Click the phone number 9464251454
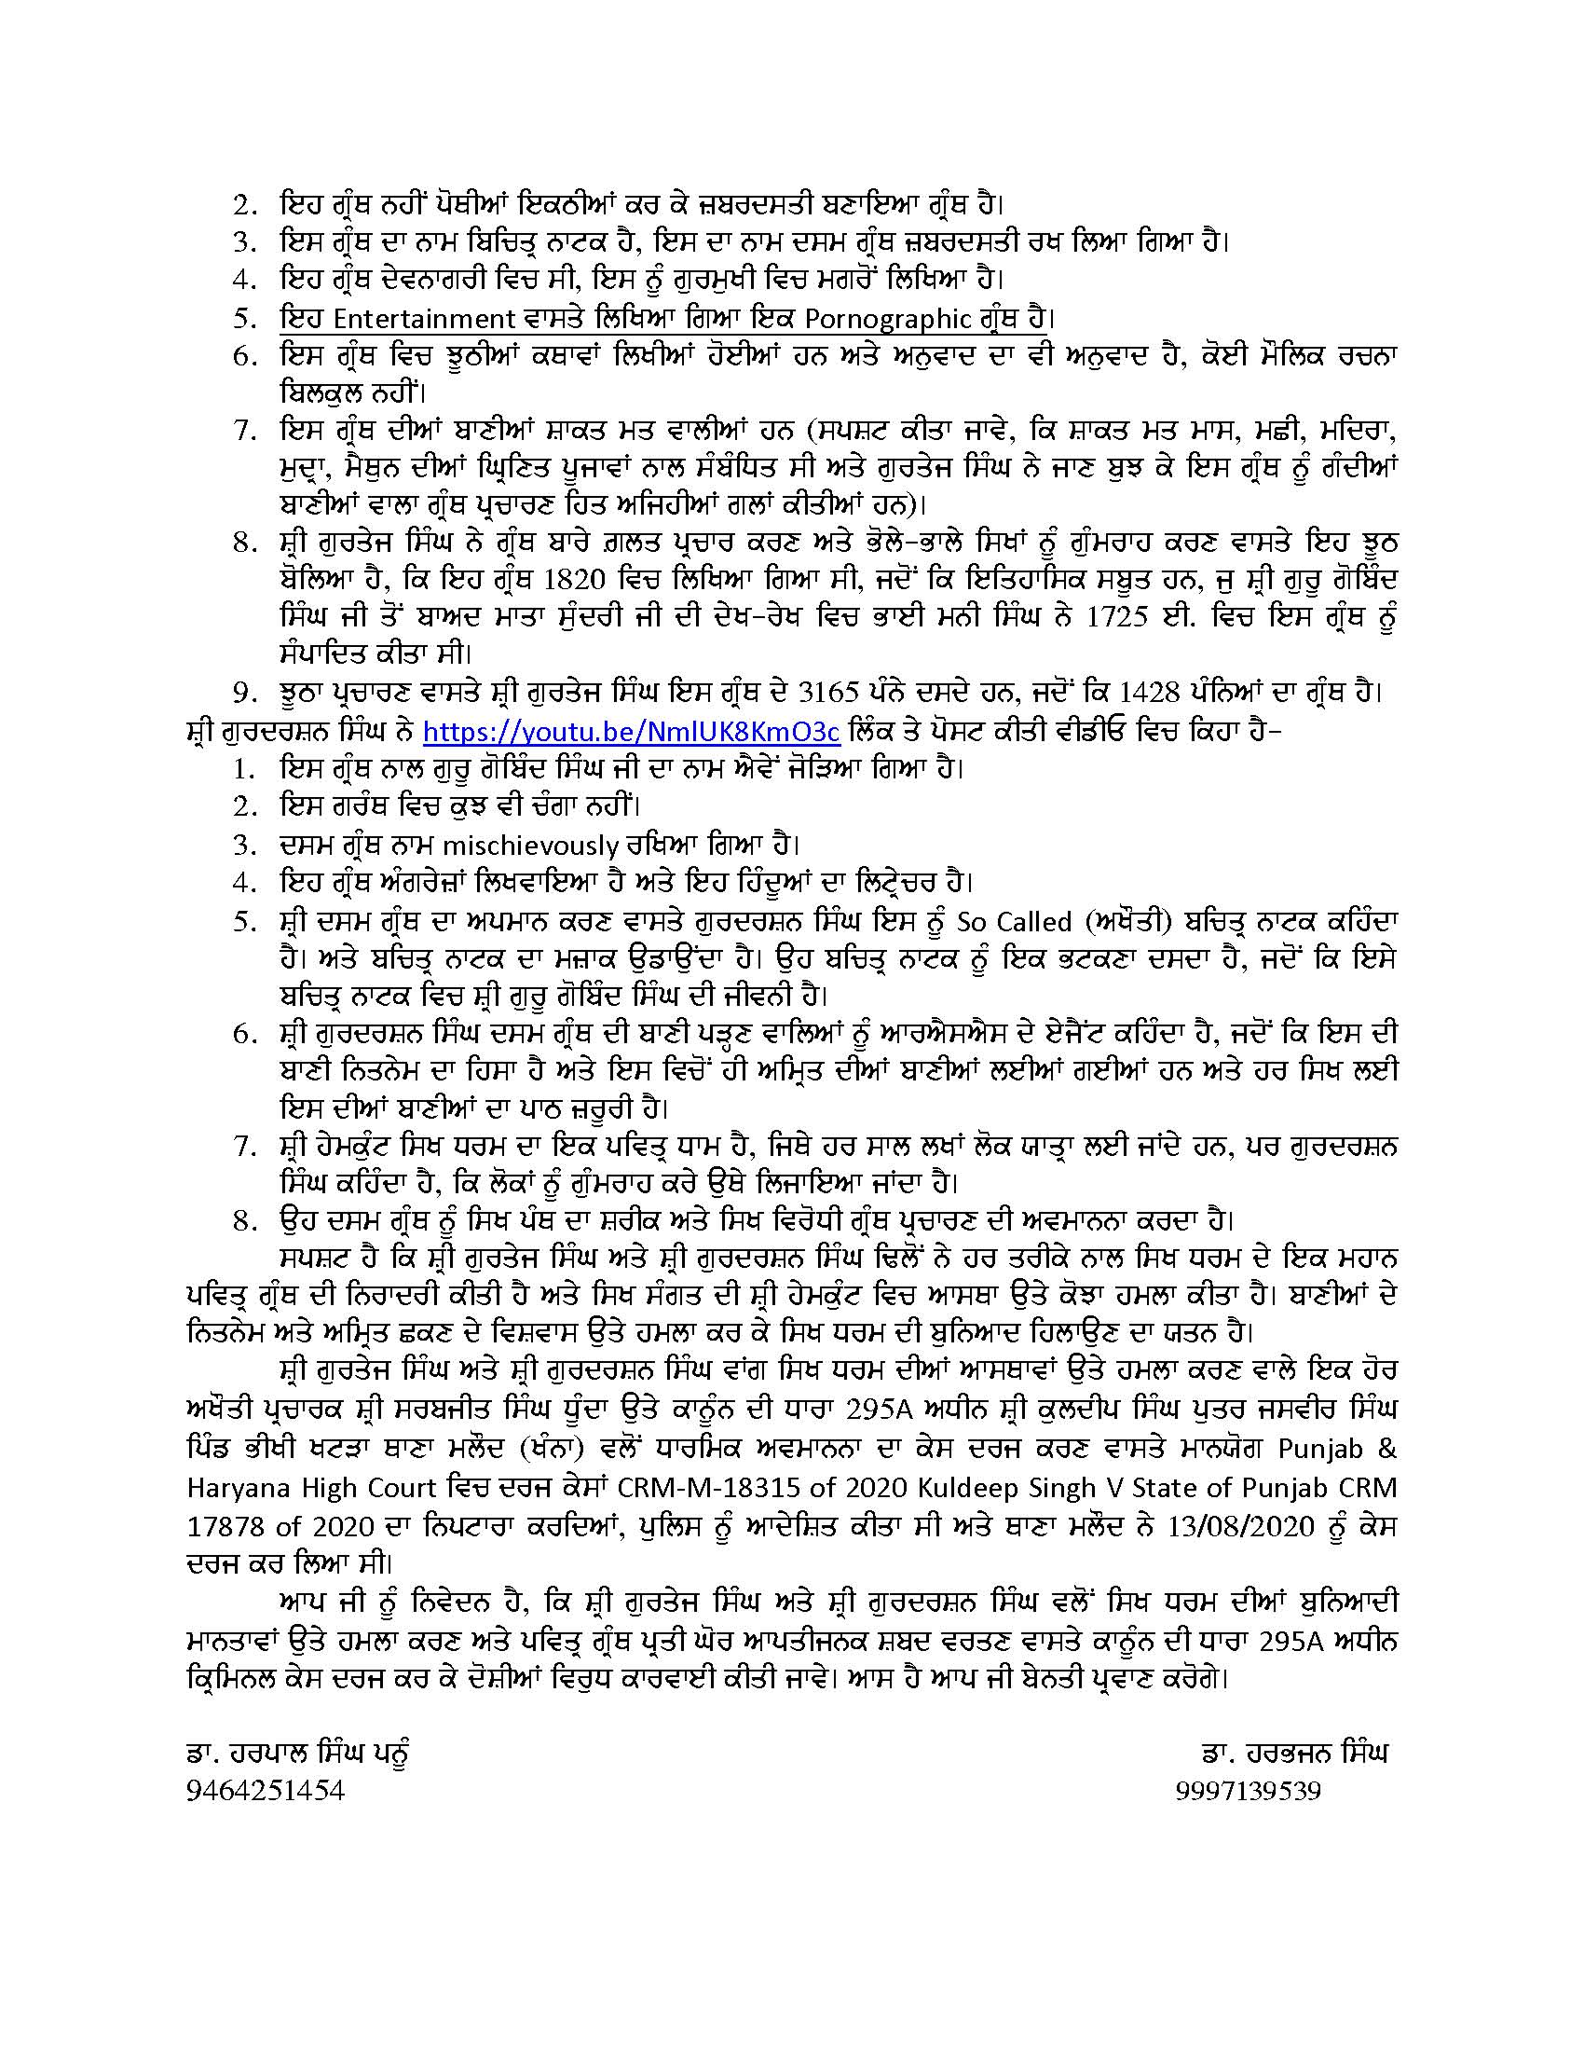(x=266, y=1792)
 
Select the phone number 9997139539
(x=1247, y=1792)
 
